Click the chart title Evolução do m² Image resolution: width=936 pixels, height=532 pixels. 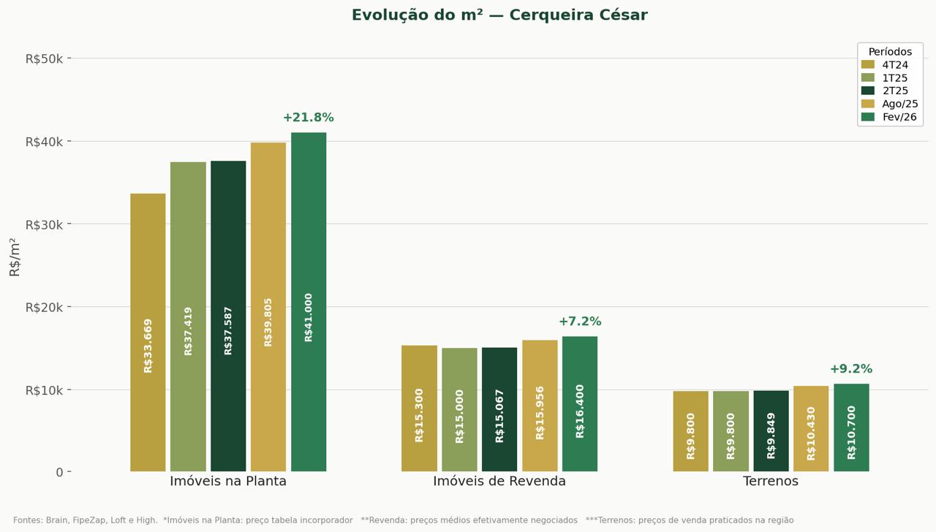[x=499, y=15]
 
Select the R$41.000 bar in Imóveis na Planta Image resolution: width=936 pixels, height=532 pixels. [x=309, y=302]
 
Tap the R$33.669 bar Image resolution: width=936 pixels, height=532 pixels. [x=148, y=332]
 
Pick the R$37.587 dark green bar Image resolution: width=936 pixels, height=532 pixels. [x=228, y=316]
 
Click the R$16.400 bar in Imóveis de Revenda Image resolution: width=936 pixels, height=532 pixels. [x=580, y=403]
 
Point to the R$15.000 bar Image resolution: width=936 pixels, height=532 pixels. [x=459, y=409]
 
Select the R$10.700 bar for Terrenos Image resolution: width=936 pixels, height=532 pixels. [x=851, y=427]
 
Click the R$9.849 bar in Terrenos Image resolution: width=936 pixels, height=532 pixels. [x=771, y=431]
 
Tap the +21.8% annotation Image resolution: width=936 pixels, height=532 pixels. [x=308, y=118]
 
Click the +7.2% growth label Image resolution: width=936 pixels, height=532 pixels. [x=580, y=322]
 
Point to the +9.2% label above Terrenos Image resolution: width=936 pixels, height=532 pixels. [x=850, y=369]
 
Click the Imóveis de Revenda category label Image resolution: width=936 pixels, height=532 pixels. [x=499, y=482]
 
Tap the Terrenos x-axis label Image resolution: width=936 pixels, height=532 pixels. [x=771, y=482]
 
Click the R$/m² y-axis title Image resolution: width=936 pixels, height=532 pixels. [x=15, y=256]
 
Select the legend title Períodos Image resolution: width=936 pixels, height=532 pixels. [x=890, y=52]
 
